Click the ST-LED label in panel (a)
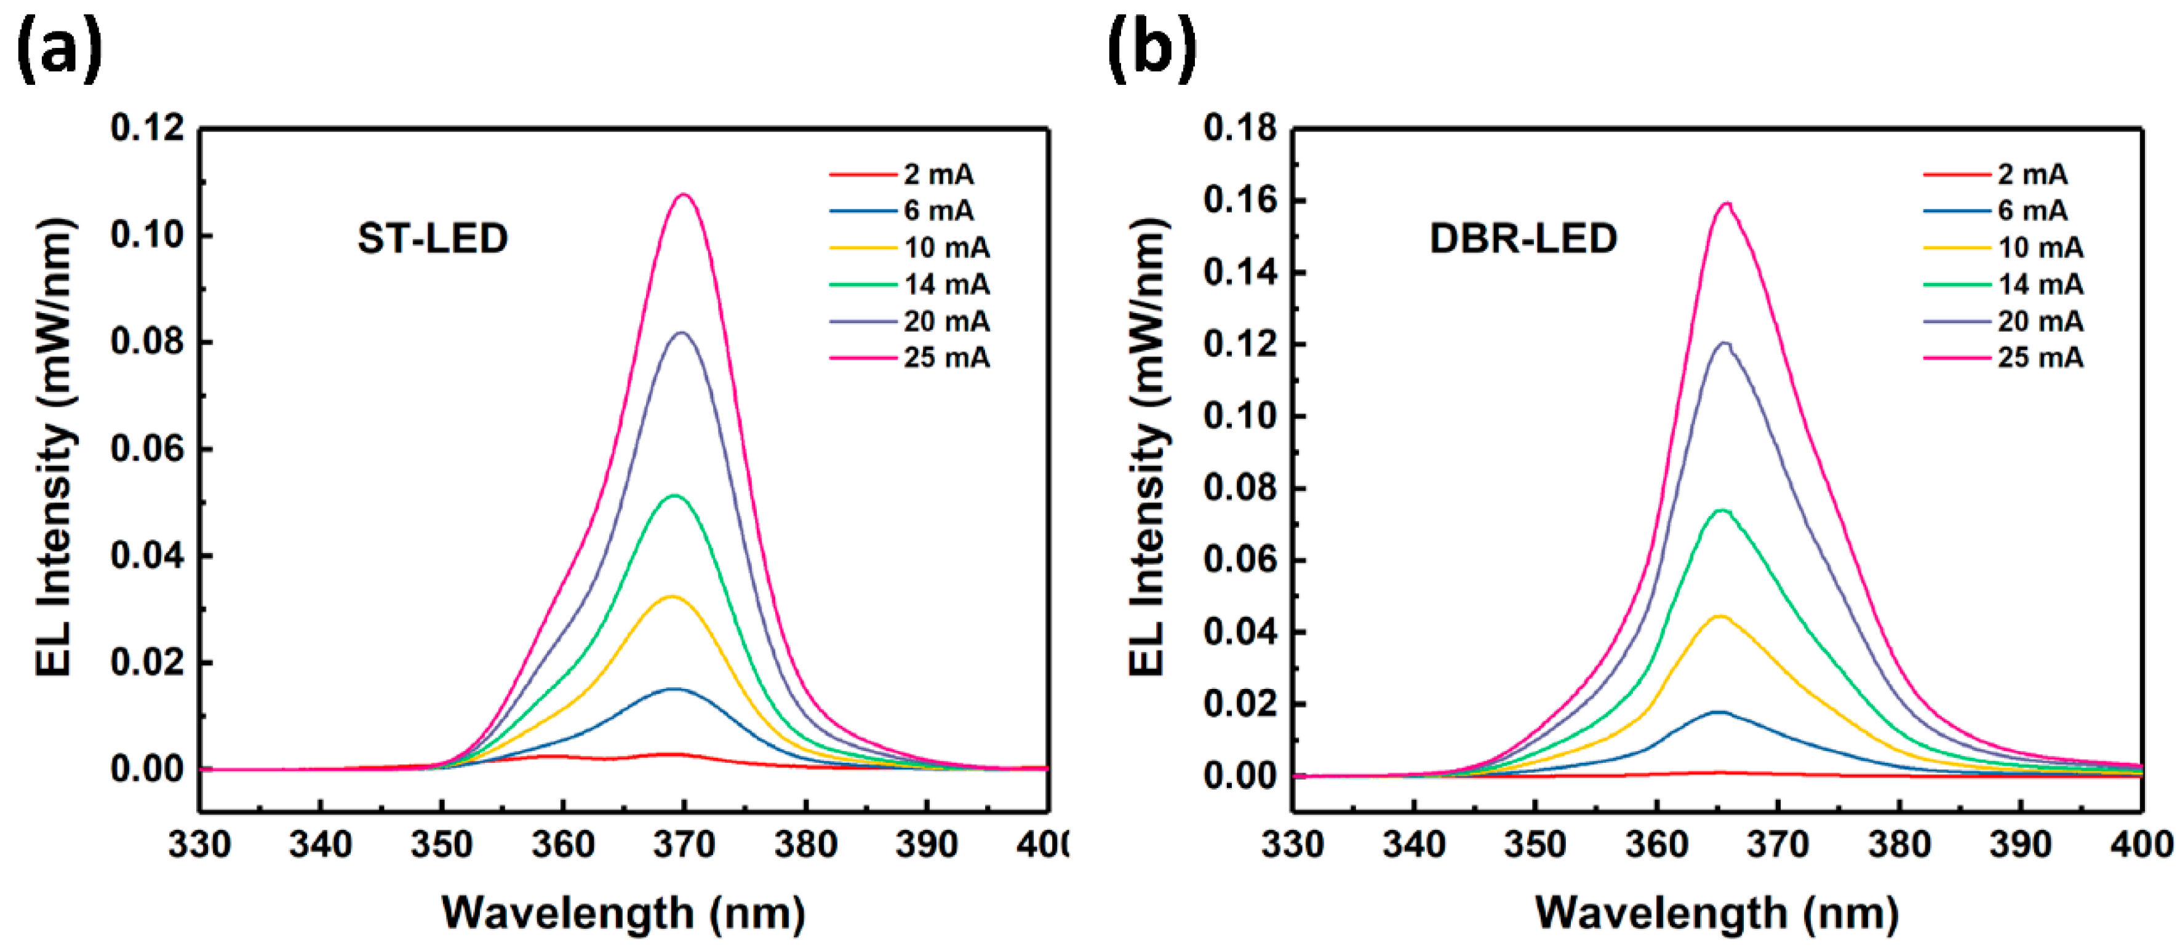point(433,239)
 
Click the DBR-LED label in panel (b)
point(1523,239)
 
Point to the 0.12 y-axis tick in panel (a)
point(147,129)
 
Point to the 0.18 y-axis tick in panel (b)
point(1240,129)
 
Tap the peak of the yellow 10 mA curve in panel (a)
point(673,597)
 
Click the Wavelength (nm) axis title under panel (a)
point(624,913)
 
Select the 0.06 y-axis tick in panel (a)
point(147,448)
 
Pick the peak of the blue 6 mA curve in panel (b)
point(1719,712)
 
